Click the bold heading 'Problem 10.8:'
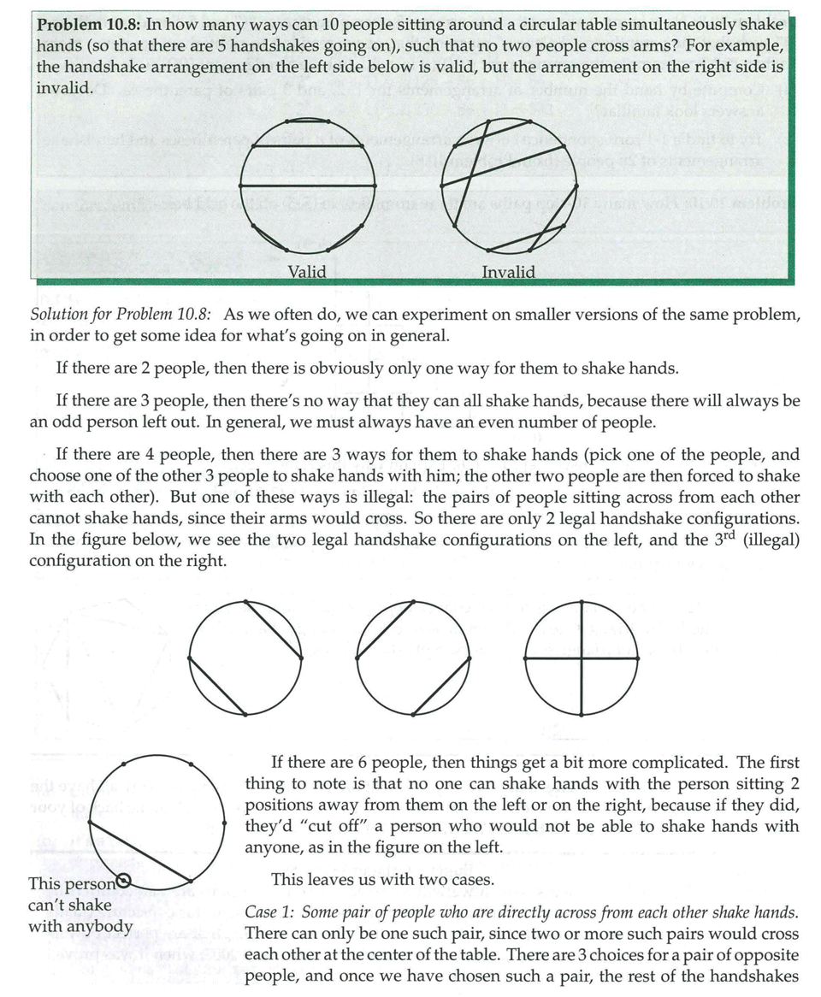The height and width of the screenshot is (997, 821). coord(88,25)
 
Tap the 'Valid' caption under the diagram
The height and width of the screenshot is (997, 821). coord(307,272)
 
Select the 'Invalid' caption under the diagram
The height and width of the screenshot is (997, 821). coord(509,272)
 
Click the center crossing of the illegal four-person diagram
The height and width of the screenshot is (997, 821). coord(582,658)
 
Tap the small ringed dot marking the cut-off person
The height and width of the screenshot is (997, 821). coord(123,880)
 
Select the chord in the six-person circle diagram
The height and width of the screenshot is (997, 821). coord(139,852)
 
